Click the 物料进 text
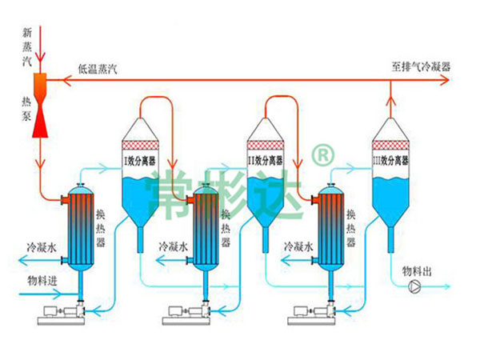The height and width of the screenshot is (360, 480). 42,280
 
